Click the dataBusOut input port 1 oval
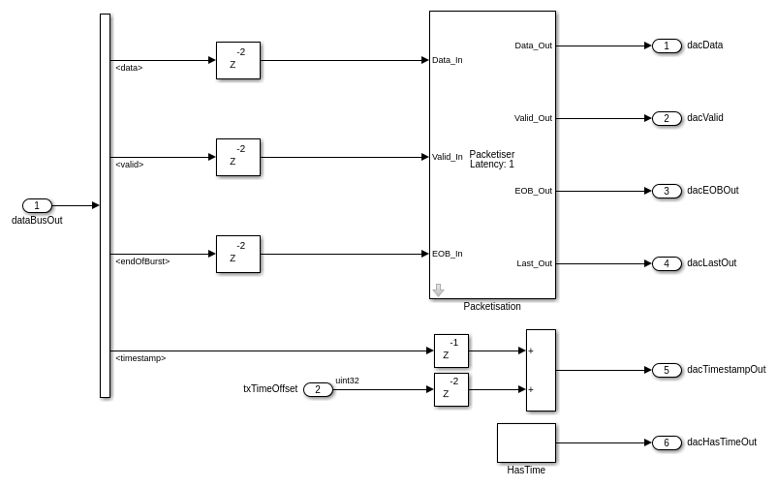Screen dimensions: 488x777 click(37, 205)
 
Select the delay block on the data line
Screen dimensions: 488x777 click(238, 60)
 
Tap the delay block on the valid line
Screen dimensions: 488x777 click(238, 157)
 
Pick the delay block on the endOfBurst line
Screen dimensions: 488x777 click(238, 254)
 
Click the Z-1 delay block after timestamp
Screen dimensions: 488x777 click(451, 351)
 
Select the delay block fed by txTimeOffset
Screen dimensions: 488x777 click(451, 389)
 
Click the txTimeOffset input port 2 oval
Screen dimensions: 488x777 click(318, 389)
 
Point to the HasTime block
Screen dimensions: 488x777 click(526, 442)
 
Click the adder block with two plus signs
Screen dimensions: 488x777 click(541, 370)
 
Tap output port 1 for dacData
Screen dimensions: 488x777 click(667, 46)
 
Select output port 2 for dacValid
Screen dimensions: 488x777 click(667, 118)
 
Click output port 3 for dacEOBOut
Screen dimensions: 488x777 click(667, 191)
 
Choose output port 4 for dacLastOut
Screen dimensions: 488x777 click(667, 263)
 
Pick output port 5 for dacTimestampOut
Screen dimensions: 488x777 click(667, 370)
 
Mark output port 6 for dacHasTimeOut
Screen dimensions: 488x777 click(667, 442)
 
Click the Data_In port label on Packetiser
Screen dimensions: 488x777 click(448, 60)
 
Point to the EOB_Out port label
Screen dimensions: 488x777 click(533, 191)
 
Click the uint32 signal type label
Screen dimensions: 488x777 click(347, 381)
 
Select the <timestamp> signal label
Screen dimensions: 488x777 click(140, 358)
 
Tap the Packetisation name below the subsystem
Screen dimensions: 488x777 click(492, 307)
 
